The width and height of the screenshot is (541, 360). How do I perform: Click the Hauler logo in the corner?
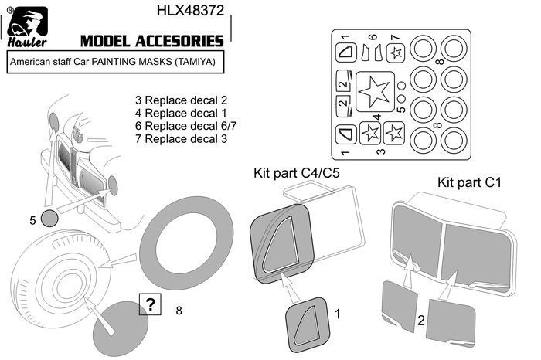point(27,27)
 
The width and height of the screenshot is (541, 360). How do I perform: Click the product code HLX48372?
point(190,10)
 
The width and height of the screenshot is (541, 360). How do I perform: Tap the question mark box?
point(150,304)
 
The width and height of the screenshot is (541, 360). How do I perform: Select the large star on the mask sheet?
point(375,91)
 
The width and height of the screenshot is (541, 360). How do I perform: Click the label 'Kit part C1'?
point(469,182)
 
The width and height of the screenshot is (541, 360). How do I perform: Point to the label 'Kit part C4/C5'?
point(296,173)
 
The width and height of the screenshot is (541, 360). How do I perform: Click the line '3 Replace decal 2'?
point(181,100)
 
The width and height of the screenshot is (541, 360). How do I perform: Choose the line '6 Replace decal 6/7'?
point(185,126)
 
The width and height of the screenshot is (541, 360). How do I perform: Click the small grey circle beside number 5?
point(49,218)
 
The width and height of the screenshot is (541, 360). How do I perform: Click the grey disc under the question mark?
point(121,328)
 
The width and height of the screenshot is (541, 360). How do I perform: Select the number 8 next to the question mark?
point(179,311)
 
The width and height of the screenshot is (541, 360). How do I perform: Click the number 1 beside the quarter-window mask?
point(338,314)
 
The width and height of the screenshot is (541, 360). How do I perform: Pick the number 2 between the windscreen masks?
point(421,321)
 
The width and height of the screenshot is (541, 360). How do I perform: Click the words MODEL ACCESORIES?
point(151,41)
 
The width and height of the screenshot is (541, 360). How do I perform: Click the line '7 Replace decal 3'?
point(181,139)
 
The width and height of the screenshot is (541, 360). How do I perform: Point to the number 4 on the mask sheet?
point(377,117)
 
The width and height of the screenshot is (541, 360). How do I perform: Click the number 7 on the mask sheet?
point(396,37)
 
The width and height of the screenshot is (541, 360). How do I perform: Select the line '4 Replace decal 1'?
point(181,113)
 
